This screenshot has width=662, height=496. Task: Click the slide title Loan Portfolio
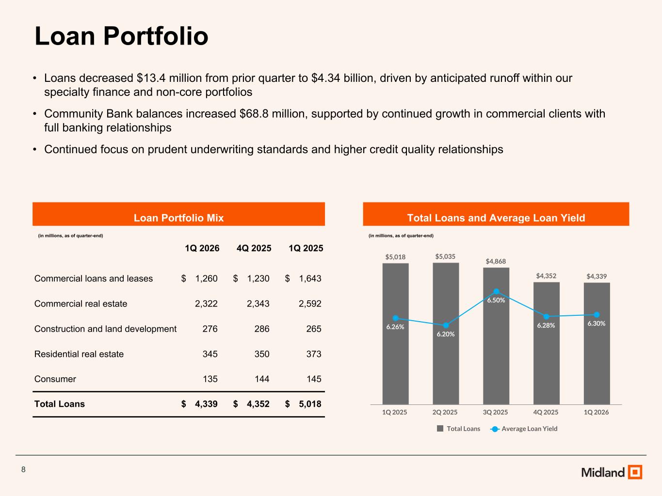coord(121,36)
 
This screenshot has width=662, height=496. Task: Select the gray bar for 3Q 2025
coord(496,336)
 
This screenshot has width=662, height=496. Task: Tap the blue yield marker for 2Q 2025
coord(446,325)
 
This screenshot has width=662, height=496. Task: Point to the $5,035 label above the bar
coord(445,257)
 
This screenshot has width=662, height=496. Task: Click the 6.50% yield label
coord(496,300)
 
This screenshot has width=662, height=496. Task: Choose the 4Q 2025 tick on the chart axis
coord(546,412)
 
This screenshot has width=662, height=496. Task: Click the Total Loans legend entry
coord(458,429)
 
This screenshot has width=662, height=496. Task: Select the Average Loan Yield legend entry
coord(524,429)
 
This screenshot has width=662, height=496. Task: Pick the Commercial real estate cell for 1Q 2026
coord(206,304)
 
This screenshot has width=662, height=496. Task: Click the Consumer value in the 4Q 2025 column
coord(262,379)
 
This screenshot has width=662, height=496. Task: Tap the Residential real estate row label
coord(79,354)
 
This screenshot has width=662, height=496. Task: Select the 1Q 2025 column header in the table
coord(306,248)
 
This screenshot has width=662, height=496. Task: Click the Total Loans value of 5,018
coord(310,404)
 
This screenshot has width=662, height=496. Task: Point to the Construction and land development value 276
coord(210,328)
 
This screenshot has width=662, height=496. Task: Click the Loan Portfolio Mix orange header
coord(178,214)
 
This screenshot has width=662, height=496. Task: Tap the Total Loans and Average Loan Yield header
coord(496,214)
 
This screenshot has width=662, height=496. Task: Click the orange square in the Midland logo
coord(635,472)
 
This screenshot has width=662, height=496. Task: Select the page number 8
coord(23,469)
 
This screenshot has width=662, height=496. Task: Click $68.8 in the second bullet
coord(254,114)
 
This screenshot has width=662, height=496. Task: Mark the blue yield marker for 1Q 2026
coord(597,315)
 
